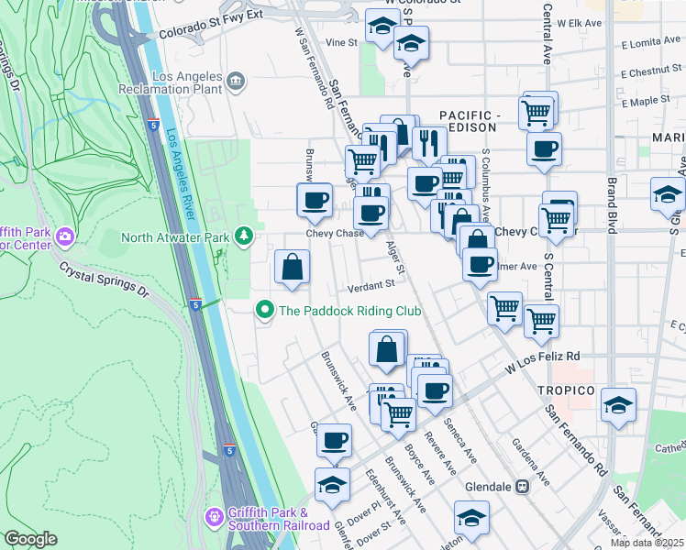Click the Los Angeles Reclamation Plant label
tap(171, 82)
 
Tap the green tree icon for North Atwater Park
tap(244, 237)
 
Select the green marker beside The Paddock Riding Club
tap(265, 311)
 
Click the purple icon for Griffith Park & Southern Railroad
tap(214, 518)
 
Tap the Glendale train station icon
tap(523, 486)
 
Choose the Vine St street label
tap(340, 42)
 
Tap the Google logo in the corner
tap(30, 539)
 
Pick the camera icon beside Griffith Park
tap(64, 237)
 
